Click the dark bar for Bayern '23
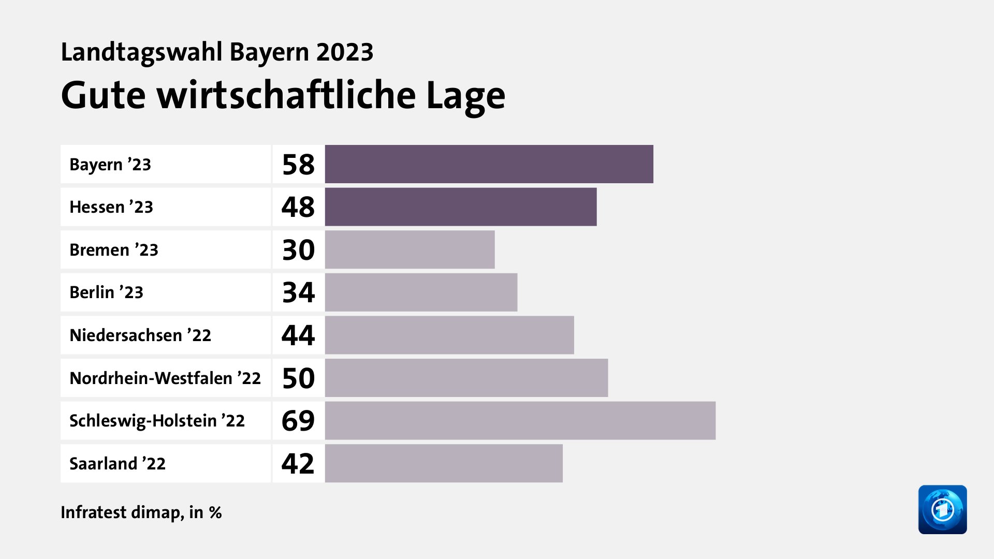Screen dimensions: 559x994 pos(489,164)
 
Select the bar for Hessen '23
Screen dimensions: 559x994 pos(461,207)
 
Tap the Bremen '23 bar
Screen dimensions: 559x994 pos(410,249)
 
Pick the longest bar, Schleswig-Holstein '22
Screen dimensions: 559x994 pos(520,421)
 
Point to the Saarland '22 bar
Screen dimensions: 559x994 pos(444,463)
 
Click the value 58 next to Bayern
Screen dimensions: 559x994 pos(298,165)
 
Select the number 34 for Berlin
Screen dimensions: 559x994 pos(298,292)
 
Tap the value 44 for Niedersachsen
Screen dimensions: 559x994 pos(298,335)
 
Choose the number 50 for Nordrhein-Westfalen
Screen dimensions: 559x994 pos(298,378)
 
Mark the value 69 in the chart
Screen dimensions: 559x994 pos(298,421)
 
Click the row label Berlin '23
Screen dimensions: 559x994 pos(106,292)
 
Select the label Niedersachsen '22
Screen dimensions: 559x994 pos(140,335)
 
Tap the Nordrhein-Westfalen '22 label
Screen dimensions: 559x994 pos(165,378)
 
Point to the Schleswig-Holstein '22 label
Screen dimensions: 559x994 pos(157,421)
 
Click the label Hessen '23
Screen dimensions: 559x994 pos(111,207)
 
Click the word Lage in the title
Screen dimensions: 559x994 pos(465,96)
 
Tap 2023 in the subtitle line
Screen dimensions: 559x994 pos(345,52)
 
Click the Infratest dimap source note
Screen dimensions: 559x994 pos(141,512)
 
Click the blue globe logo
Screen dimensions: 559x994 pos(942,509)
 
